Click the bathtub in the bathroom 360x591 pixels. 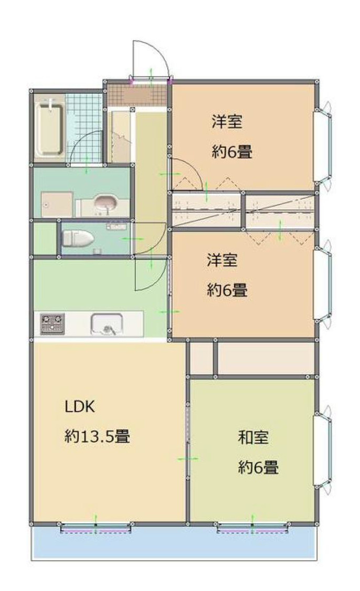point(50,128)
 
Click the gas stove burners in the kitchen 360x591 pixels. point(52,323)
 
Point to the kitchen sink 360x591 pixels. point(108,324)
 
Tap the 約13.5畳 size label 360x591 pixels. point(97,436)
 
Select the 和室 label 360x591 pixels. point(253,438)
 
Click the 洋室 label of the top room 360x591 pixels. point(227,122)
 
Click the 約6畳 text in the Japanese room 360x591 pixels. point(258,467)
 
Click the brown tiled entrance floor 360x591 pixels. point(137,94)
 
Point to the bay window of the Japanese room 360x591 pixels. point(322,450)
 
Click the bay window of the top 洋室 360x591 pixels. point(322,145)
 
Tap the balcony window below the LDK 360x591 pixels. point(96,528)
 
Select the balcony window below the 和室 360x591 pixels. point(252,528)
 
